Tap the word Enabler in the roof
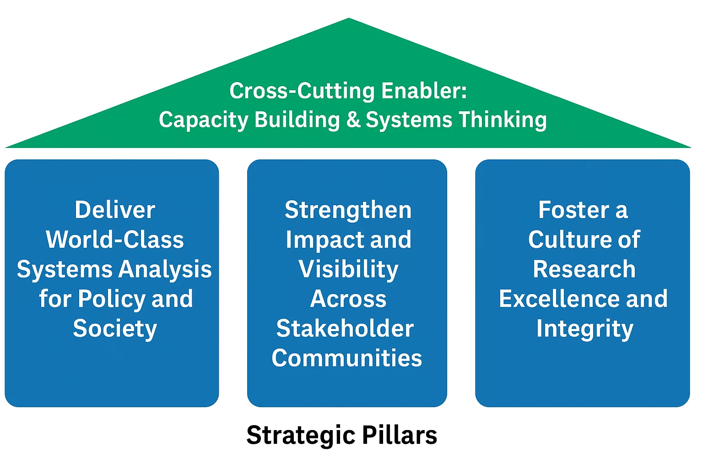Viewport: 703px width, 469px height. [424, 91]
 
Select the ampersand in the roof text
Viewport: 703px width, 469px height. [353, 120]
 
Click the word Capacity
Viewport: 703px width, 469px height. [204, 120]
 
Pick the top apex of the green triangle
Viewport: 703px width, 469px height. [349, 19]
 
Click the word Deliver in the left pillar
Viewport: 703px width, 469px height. [115, 210]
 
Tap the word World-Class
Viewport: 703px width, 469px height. [115, 240]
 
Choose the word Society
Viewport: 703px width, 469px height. [115, 329]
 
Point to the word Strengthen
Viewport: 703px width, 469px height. [348, 210]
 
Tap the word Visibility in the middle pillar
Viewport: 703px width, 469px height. [348, 269]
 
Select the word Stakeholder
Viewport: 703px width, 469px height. [345, 328]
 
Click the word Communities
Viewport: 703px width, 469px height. [346, 358]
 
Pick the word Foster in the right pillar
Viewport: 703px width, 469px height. [573, 210]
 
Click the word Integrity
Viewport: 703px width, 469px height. [584, 329]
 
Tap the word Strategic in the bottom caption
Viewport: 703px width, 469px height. [301, 435]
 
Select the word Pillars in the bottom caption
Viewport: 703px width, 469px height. [400, 435]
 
